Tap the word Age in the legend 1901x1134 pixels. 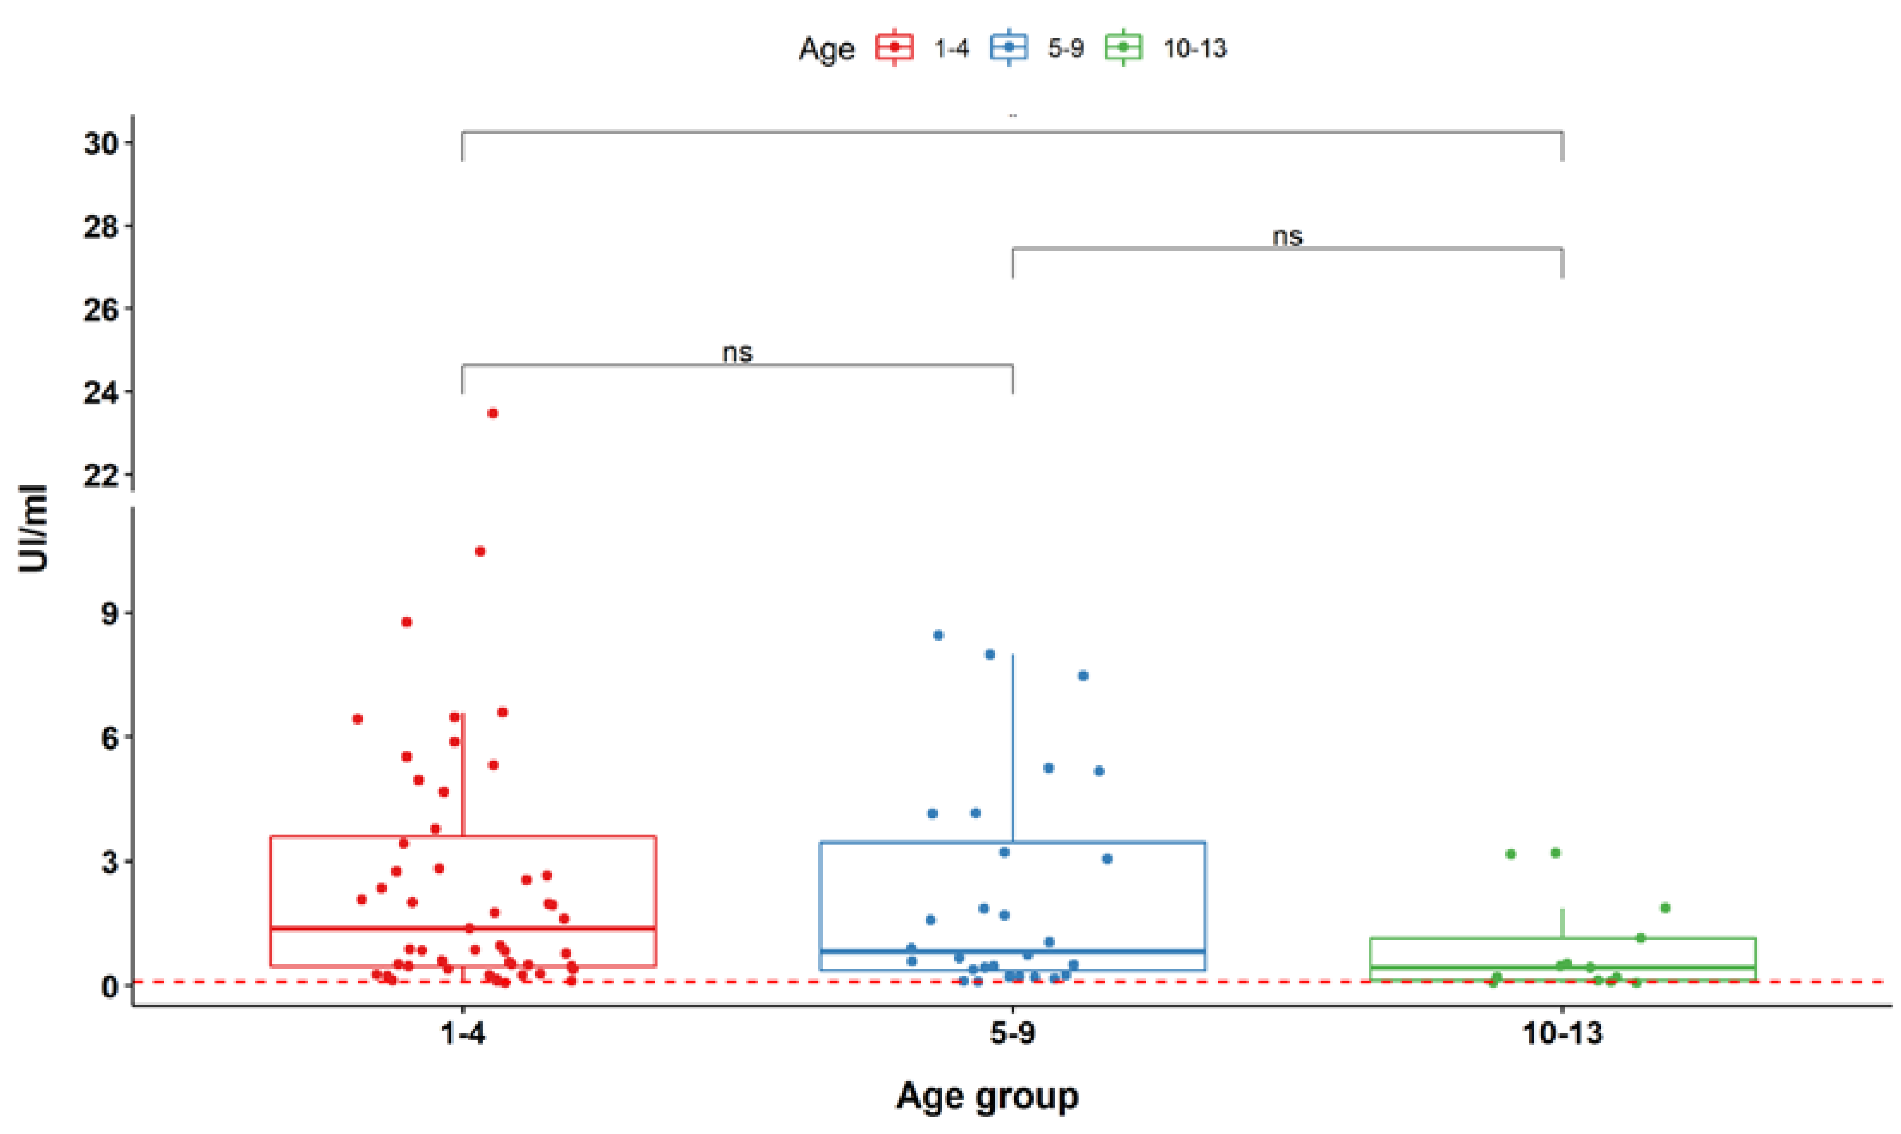pos(826,50)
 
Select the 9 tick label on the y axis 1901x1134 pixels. pos(110,614)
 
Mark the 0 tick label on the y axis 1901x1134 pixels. pos(110,987)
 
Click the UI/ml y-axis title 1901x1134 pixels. pos(34,529)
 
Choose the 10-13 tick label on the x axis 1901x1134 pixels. pos(1562,1034)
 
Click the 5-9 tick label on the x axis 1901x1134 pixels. pos(1013,1034)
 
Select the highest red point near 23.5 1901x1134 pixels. pos(493,414)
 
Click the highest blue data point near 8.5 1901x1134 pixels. pos(938,635)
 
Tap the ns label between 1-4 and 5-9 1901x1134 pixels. pos(737,353)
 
